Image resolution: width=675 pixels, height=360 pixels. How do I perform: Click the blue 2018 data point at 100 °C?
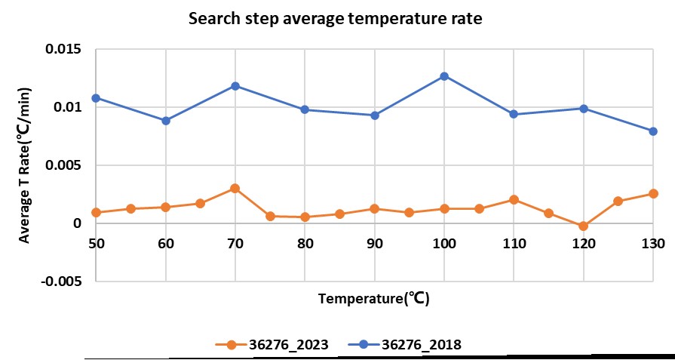coord(444,76)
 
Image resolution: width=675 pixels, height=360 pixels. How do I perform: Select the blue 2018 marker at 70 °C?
coord(235,86)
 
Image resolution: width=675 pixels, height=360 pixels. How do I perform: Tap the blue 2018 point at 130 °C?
coord(653,131)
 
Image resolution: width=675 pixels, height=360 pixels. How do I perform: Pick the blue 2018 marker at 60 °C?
coord(166,121)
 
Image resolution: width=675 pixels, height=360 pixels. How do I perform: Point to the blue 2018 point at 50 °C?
coord(96,98)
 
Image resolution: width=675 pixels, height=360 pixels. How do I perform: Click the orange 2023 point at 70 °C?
coord(235,188)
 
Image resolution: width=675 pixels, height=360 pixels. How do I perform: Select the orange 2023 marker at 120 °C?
coord(583,226)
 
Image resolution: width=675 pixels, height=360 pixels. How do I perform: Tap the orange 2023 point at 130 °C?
coord(653,194)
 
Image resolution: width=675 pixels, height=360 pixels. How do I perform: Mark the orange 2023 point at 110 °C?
coord(514,200)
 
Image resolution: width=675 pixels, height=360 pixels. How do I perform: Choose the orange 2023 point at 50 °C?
coord(96,212)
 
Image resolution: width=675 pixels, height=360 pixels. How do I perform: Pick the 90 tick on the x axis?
coord(374,244)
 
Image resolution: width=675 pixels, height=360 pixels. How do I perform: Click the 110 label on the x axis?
coord(514,244)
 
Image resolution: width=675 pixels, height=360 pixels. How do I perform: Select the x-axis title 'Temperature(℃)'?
coord(373,298)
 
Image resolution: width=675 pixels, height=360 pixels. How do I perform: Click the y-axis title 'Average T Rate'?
coord(25,165)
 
